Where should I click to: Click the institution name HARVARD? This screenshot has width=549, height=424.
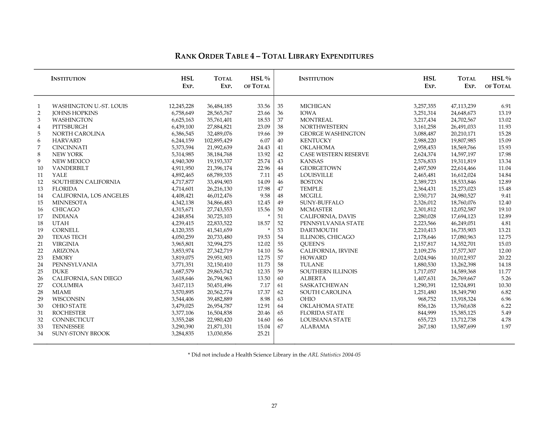point(67,140)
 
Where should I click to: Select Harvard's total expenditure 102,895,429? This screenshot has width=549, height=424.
point(218,140)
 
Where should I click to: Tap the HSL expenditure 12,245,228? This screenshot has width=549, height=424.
point(181,106)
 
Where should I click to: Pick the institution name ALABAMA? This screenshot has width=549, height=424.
point(315,327)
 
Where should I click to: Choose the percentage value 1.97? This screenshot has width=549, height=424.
point(506,327)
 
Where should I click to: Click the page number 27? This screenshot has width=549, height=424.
point(274,406)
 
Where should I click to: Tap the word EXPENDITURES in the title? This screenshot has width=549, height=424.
point(347,56)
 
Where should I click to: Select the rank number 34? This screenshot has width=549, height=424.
point(40,333)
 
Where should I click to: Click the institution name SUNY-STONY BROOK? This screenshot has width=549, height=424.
point(81,333)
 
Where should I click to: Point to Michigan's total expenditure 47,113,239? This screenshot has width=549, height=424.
point(463,106)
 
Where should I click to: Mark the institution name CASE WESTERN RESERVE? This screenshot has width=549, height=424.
point(334,154)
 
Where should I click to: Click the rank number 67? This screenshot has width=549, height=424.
point(280,327)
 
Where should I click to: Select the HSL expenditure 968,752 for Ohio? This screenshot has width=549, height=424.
point(427,299)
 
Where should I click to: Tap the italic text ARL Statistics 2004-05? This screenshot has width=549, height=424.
point(334,355)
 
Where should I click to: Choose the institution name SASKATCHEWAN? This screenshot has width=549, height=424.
point(324,285)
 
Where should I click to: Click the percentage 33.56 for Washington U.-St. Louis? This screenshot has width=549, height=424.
point(264,106)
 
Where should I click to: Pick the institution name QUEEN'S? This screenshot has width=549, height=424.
point(312,244)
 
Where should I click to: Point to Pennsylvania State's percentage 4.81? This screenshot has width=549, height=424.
point(506,223)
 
